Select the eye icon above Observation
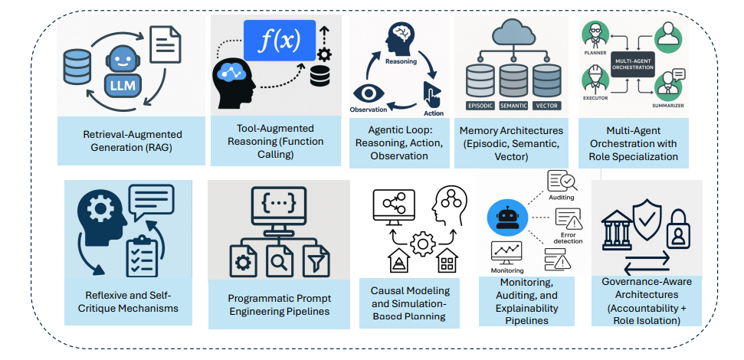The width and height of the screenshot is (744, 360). pyautogui.click(x=372, y=94)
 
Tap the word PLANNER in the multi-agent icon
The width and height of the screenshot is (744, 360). pyautogui.click(x=595, y=54)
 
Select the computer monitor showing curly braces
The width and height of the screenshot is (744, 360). pyautogui.click(x=278, y=210)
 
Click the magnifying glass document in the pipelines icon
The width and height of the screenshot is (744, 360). pyautogui.click(x=278, y=264)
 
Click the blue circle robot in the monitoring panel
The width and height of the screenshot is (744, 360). pyautogui.click(x=506, y=219)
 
